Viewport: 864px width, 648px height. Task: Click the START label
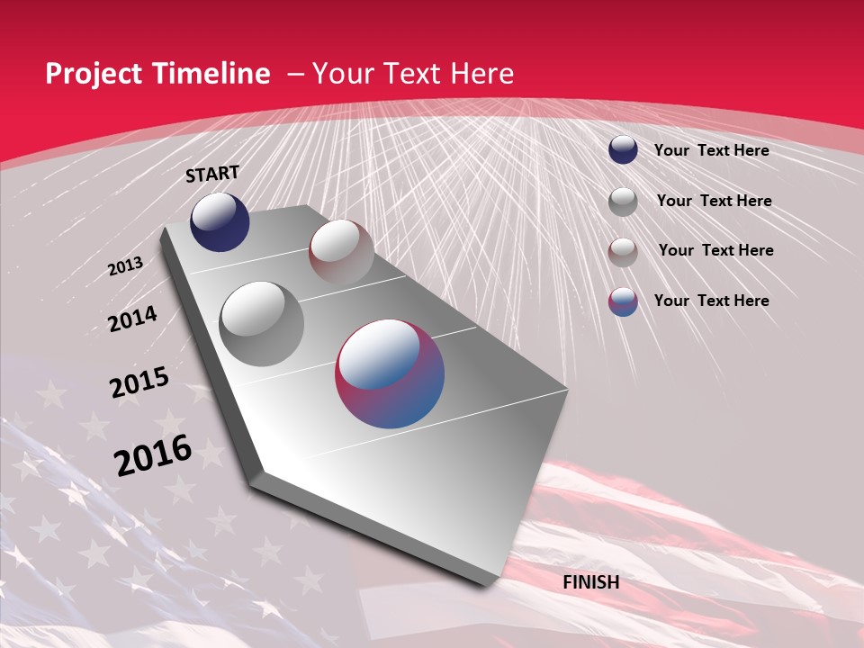(x=212, y=174)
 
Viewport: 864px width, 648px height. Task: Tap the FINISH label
(x=591, y=582)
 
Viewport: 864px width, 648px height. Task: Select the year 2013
(x=125, y=266)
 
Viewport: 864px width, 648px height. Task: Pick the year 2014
(x=132, y=319)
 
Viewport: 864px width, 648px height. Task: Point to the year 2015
(x=139, y=382)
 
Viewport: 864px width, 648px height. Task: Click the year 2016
(x=153, y=455)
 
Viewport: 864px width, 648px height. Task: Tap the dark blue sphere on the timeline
(x=220, y=222)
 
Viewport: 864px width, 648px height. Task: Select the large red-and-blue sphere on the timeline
(x=390, y=373)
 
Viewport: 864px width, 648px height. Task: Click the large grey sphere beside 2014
(x=262, y=323)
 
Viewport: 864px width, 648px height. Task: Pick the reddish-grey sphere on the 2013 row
(x=341, y=252)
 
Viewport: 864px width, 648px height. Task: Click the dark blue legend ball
(x=623, y=150)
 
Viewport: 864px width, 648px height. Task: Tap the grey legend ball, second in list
(x=623, y=202)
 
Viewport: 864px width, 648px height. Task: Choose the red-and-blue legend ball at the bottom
(x=623, y=301)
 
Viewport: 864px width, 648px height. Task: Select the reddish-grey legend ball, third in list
(x=623, y=252)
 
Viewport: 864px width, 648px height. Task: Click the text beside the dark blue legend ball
(x=711, y=150)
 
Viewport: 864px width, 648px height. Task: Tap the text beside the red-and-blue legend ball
(x=711, y=301)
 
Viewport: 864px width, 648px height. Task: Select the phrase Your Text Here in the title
(x=413, y=74)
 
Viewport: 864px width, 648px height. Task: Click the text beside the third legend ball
(x=715, y=250)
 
